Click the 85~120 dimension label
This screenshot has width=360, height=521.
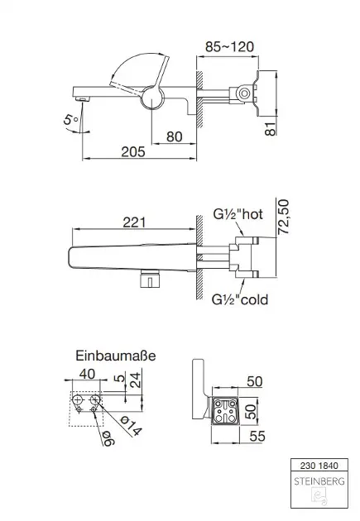tap(229, 47)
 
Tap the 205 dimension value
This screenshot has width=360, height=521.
tap(133, 152)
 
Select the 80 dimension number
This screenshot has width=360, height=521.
tap(174, 136)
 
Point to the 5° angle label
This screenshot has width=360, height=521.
tap(71, 118)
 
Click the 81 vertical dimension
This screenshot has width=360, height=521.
tap(271, 128)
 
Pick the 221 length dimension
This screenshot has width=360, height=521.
tap(134, 222)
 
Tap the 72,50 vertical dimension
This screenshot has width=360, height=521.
tap(283, 217)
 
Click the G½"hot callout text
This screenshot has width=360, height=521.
tap(238, 214)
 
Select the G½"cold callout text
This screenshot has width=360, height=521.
tap(240, 299)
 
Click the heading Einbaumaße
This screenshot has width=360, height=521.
tap(116, 356)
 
